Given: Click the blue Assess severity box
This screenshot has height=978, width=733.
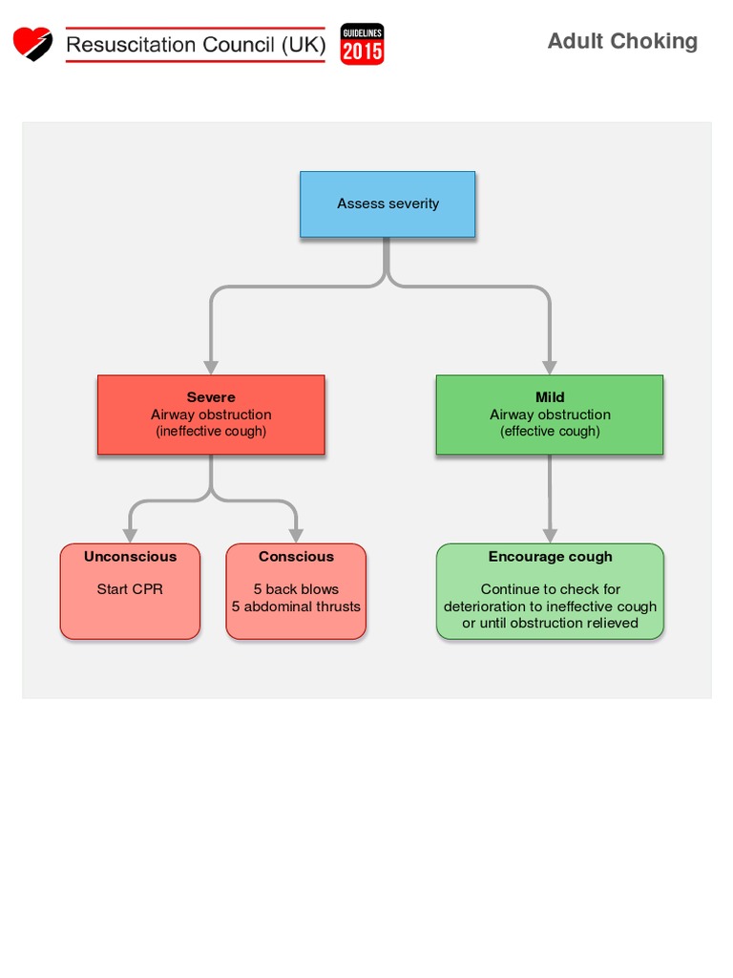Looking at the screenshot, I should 387,203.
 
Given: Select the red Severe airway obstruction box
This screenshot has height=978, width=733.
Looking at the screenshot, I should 211,415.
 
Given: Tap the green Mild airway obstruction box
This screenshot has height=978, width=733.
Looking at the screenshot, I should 550,415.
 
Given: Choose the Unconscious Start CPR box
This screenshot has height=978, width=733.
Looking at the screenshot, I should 130,591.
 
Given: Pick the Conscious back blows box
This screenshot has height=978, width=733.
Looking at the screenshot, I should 296,591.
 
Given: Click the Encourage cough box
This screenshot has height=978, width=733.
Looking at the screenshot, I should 550,591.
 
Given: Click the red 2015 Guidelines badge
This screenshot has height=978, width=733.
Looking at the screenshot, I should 363,44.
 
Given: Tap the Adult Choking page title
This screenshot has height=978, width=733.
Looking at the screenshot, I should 622,41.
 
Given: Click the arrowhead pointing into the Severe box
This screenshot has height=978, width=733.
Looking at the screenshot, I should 211,367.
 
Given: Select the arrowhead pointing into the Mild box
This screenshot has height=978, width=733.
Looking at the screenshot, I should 550,367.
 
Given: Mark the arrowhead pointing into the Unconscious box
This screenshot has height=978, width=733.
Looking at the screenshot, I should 130,536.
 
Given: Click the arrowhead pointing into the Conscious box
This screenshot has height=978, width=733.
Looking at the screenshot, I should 296,536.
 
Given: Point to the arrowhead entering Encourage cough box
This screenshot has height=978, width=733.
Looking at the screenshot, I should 550,536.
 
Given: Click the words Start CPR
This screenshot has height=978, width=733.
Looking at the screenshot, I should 130,589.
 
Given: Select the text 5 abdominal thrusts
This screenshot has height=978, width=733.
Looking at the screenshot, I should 296,606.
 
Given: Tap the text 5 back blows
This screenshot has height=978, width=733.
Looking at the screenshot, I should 296,589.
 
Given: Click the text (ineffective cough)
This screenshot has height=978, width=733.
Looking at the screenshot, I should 211,432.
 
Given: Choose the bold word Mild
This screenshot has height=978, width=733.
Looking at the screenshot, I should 550,397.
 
